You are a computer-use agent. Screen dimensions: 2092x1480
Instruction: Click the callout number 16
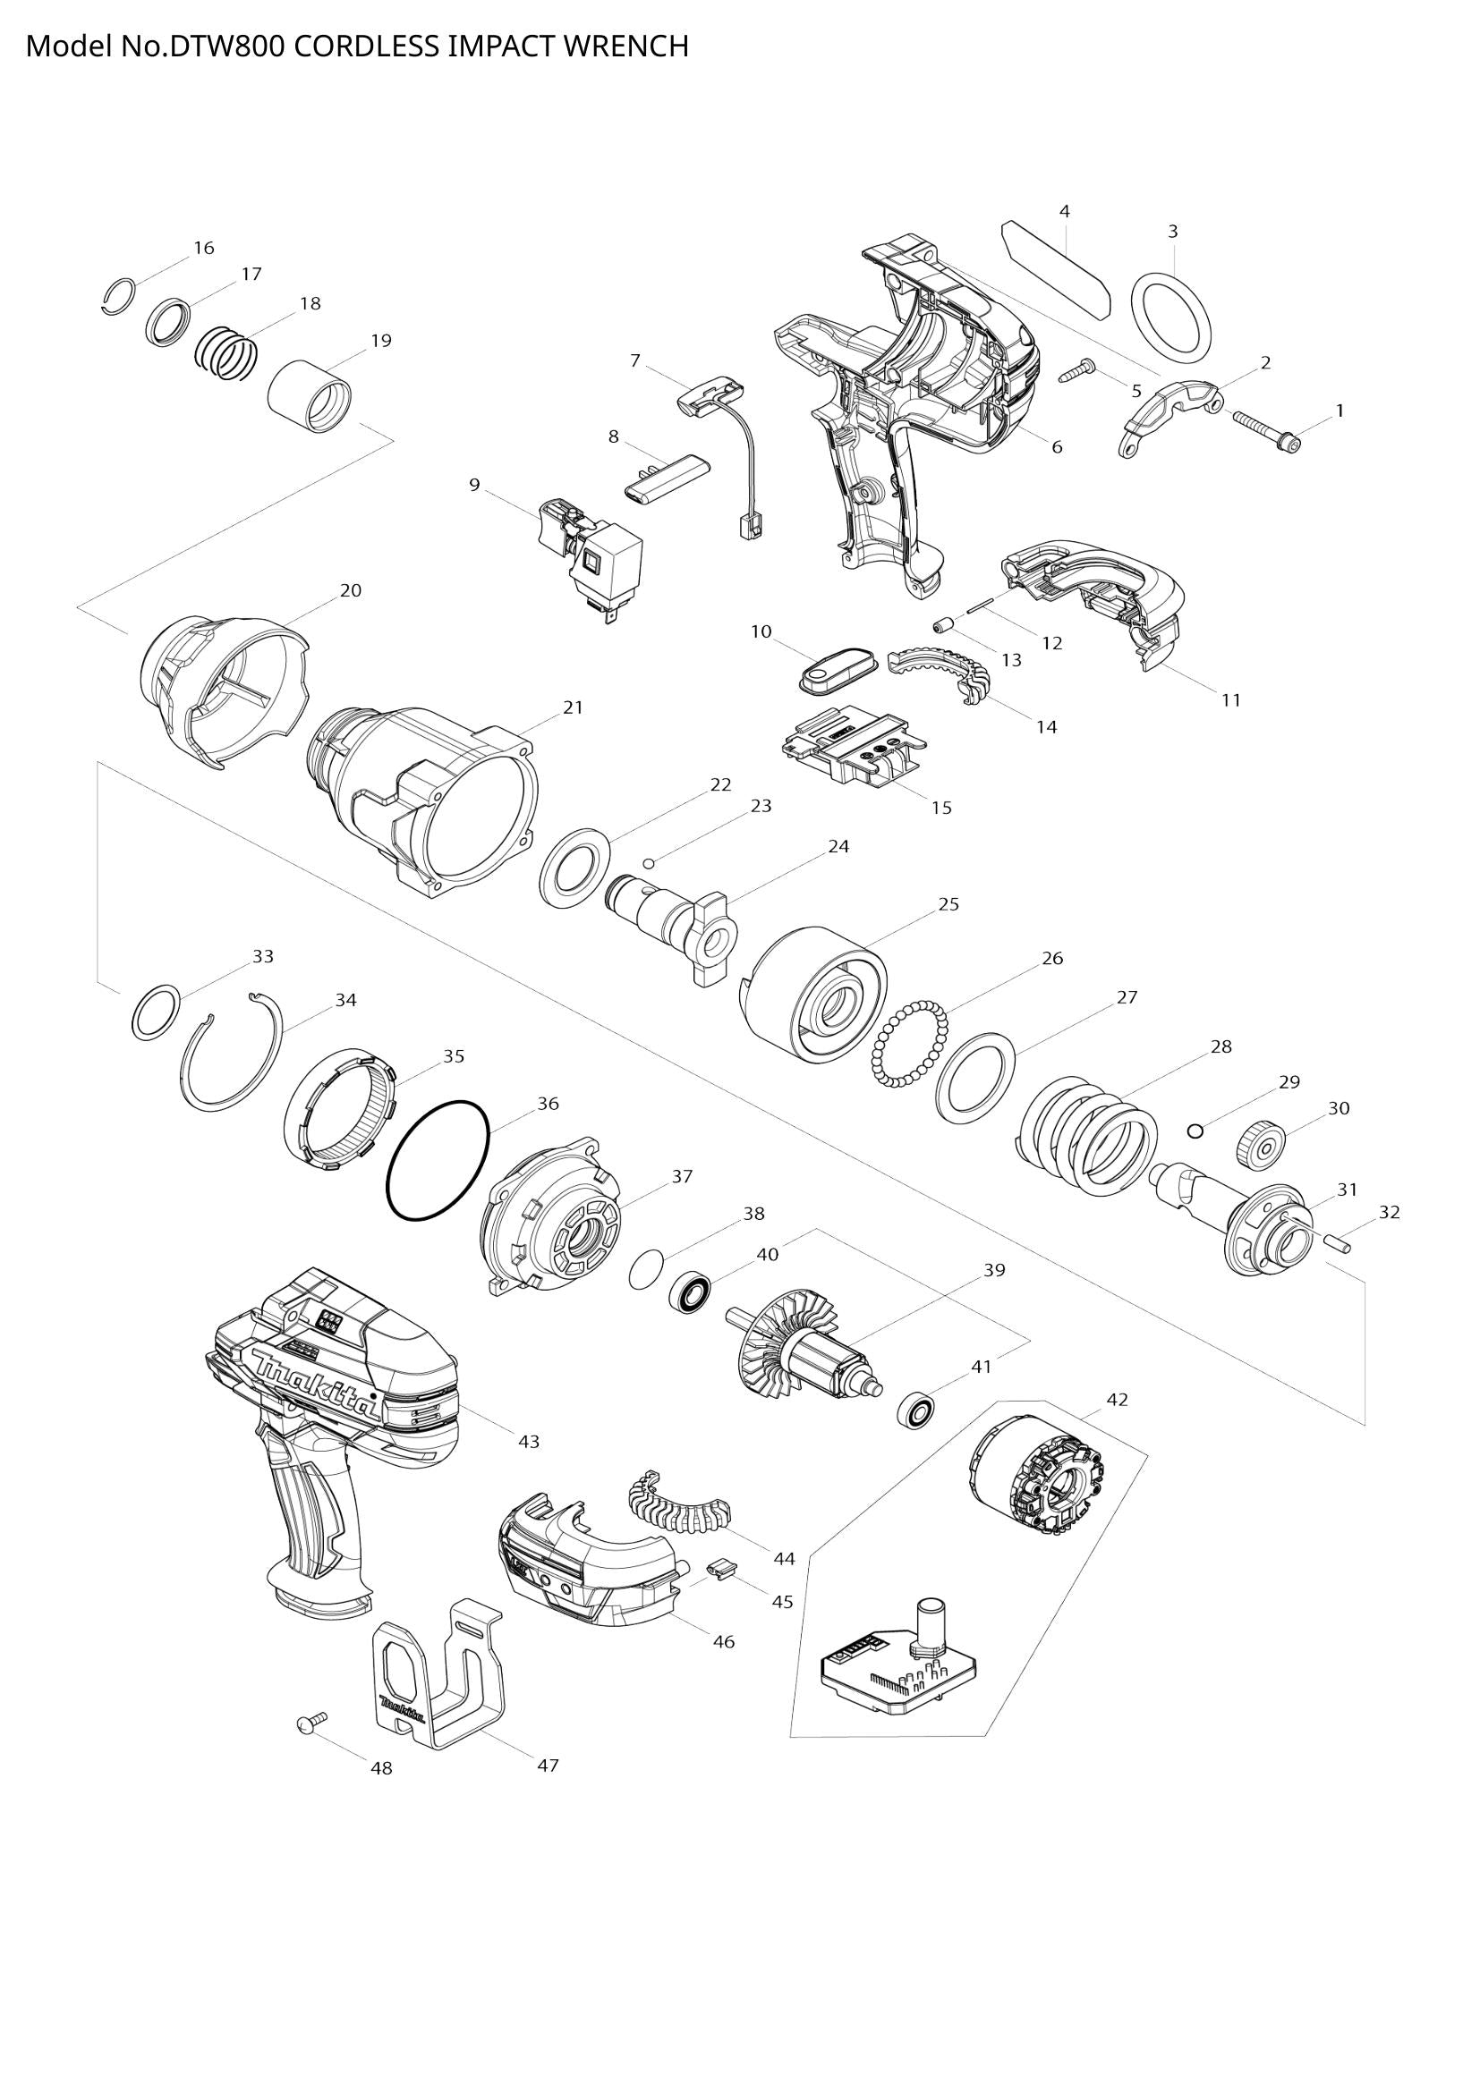coord(204,248)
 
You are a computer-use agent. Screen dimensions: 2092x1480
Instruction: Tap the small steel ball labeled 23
coord(648,863)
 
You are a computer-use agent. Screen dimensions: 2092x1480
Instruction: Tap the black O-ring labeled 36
coord(438,1161)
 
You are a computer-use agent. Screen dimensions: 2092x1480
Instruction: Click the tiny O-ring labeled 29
coord(1195,1131)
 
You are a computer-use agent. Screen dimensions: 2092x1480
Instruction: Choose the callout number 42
coord(1118,1400)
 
